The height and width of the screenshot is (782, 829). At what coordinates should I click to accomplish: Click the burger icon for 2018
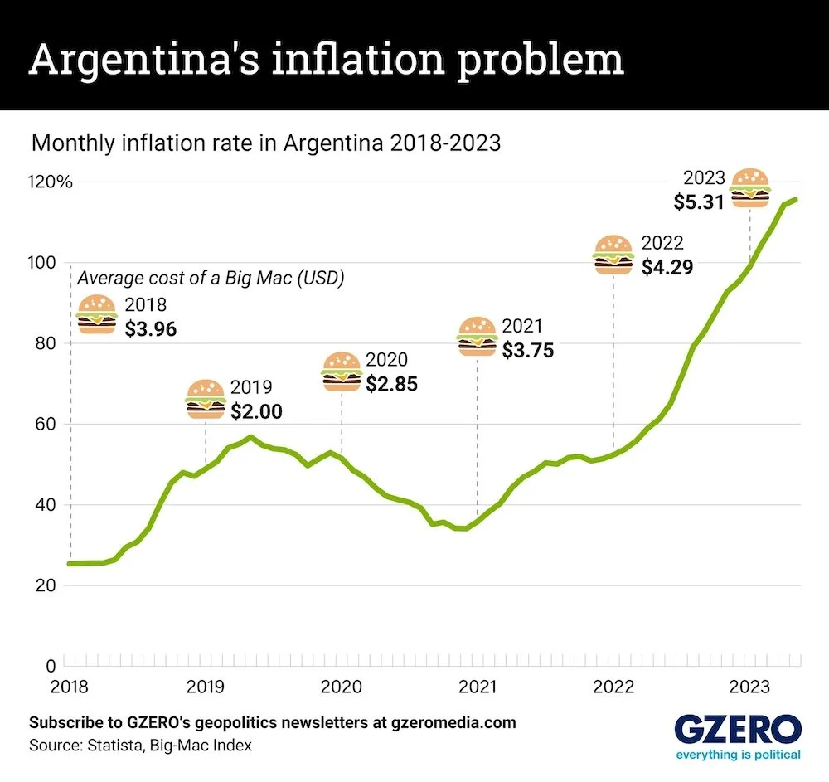pos(97,314)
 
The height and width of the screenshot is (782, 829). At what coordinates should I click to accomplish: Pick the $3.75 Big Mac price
pos(528,350)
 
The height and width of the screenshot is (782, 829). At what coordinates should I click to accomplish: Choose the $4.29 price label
pos(667,267)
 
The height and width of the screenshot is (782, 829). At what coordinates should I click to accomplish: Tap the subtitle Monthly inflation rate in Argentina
pos(265,143)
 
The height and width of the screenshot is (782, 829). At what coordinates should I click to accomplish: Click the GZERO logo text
pos(737,730)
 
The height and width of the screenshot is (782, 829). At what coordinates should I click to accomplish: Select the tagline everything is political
pos(737,755)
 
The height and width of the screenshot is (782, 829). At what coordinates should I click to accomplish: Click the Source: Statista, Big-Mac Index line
pos(140,746)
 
